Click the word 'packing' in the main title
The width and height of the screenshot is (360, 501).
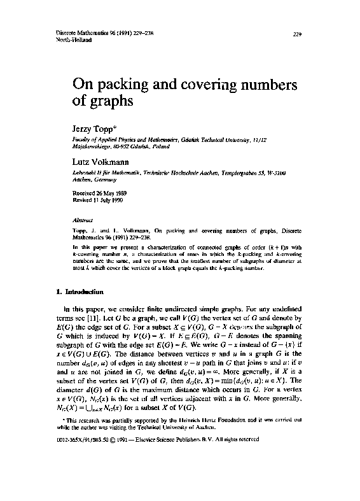[122, 85]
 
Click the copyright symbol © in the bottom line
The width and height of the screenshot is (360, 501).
[107, 475]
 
